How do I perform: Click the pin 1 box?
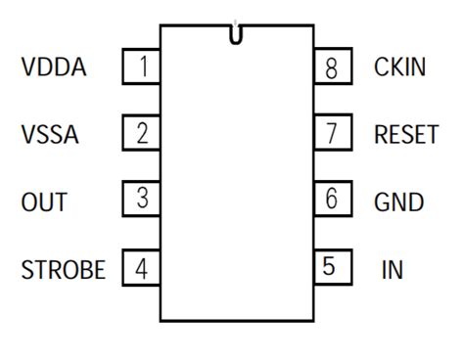click(142, 67)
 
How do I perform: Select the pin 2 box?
click(142, 133)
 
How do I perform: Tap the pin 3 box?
click(142, 200)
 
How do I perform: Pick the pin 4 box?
click(142, 267)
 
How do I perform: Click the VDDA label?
click(54, 68)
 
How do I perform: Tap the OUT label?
click(44, 202)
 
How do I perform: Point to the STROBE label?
click(63, 269)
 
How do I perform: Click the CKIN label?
click(399, 68)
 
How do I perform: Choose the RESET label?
click(406, 135)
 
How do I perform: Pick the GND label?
click(398, 202)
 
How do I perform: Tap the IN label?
click(392, 269)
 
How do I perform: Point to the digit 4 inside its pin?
click(143, 268)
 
